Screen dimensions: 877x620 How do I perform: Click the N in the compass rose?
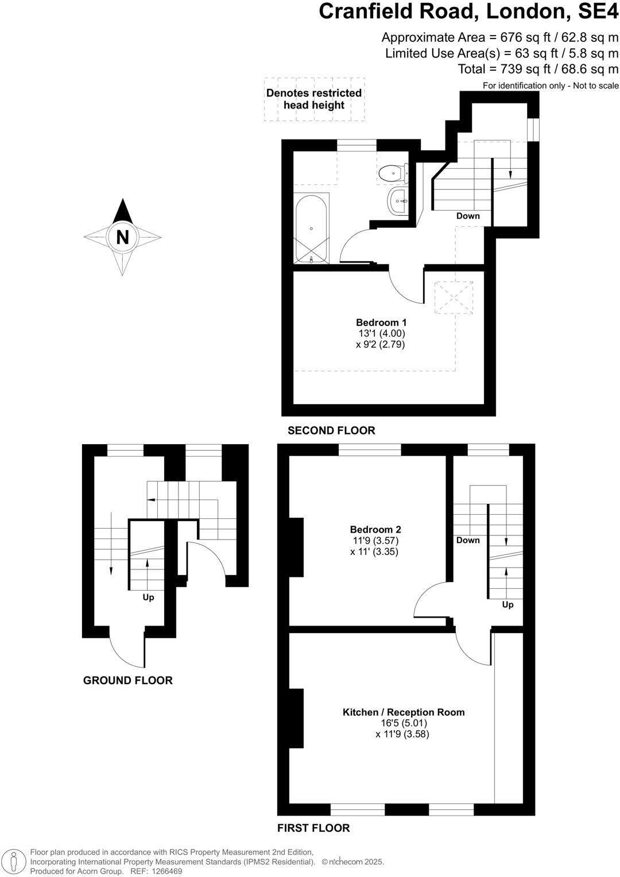[122, 237]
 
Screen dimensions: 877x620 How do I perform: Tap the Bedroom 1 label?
[381, 323]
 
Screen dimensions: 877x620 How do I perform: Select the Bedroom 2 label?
[375, 530]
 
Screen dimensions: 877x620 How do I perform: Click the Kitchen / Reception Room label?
[404, 712]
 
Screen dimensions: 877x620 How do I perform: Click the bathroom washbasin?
[398, 201]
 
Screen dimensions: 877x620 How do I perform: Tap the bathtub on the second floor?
[311, 228]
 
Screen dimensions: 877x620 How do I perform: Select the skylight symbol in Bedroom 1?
[454, 297]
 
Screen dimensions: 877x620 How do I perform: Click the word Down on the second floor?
[468, 216]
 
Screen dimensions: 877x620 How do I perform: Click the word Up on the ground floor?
[148, 597]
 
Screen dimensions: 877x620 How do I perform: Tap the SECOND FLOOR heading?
[331, 430]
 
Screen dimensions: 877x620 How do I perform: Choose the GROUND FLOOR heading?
[128, 681]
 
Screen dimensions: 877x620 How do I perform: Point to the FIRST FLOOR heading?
[313, 828]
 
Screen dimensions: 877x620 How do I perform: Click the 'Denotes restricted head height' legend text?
[314, 99]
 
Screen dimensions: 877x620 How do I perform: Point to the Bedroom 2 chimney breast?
[296, 546]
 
